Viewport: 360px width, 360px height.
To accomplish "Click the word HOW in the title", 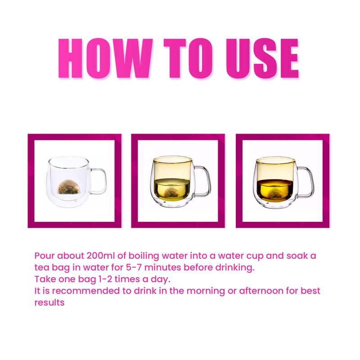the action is (105, 58).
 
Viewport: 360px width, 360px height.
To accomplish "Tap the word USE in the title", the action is (262, 58).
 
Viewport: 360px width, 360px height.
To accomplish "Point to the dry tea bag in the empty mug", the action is (68, 187).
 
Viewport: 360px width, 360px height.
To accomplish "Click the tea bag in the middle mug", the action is (171, 193).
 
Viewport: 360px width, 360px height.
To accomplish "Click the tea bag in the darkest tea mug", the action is (274, 193).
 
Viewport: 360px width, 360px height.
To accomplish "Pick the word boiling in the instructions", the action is (144, 256).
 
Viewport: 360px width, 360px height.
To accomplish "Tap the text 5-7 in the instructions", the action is (134, 267).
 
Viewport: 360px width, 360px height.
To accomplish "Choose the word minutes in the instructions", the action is (163, 267).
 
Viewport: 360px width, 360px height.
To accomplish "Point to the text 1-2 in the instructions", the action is (105, 279).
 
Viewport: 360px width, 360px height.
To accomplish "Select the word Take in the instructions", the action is (45, 279).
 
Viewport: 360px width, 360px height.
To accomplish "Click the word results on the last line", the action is (49, 302).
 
